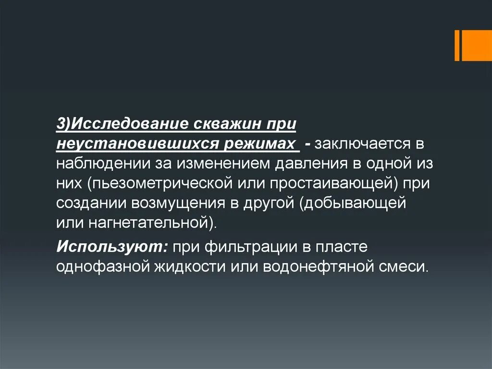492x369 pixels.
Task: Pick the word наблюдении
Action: click(101, 164)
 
